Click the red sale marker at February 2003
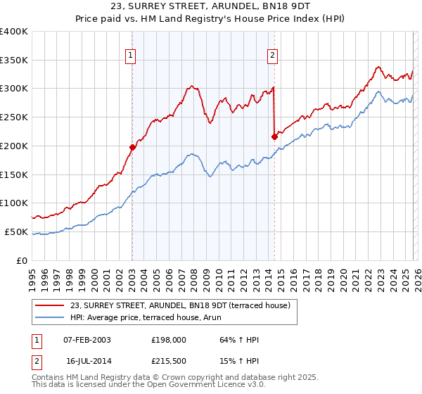(132, 147)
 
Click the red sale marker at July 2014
(274, 136)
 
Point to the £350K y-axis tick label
(14, 60)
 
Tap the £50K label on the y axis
(16, 231)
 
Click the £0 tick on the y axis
(23, 260)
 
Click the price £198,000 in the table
(168, 340)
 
